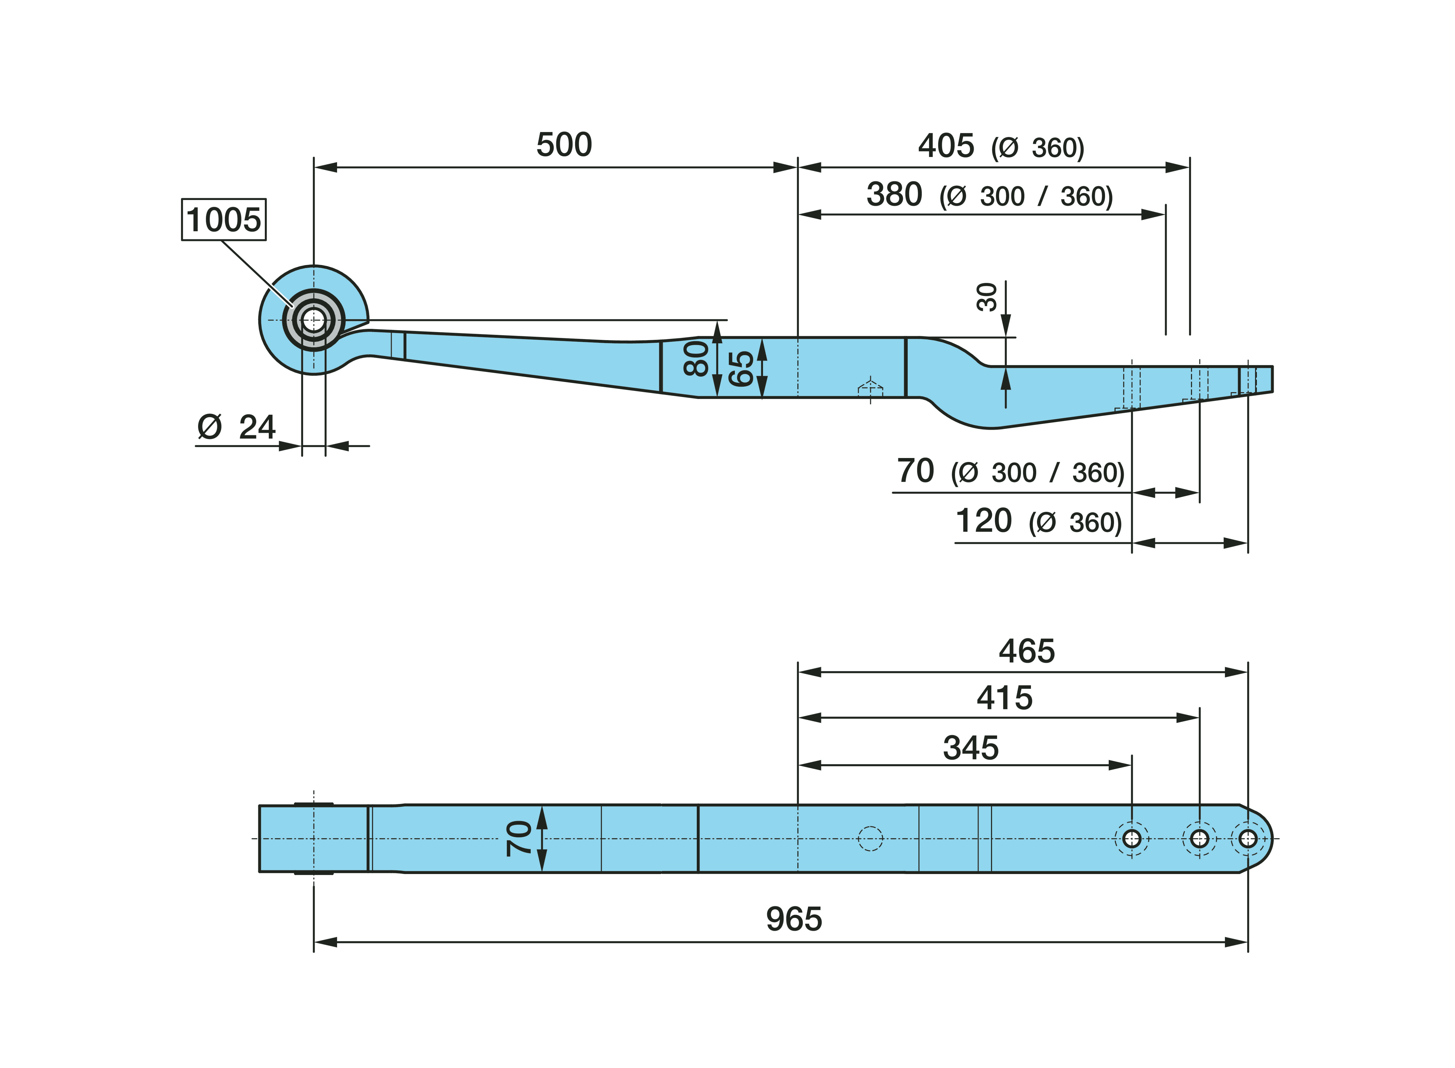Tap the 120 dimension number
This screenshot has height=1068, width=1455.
983,521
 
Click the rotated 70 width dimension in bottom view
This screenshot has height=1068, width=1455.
519,839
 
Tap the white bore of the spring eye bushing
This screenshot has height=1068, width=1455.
314,320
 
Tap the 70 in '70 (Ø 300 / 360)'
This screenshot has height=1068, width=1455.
915,471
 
